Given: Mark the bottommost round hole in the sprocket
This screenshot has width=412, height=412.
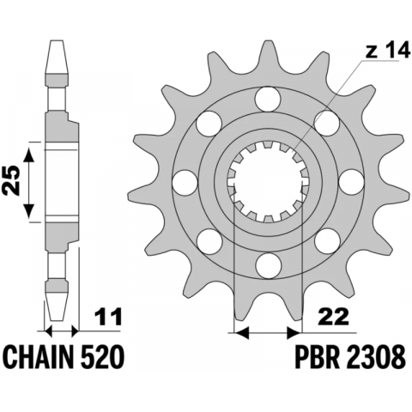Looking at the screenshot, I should (x=267, y=262).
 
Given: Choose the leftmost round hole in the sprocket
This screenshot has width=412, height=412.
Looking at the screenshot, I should (x=184, y=182).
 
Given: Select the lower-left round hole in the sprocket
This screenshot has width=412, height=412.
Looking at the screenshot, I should (x=208, y=239).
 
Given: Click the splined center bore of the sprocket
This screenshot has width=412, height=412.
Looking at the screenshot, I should (x=267, y=182).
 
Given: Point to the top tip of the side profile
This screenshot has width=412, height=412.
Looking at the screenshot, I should (x=60, y=43).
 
